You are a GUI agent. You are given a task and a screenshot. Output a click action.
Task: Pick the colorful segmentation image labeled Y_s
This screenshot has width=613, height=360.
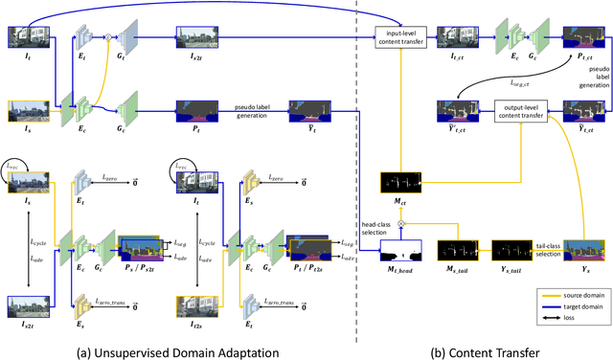pos(583,251)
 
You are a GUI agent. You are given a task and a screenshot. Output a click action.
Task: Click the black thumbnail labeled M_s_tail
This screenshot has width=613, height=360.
pos(458,251)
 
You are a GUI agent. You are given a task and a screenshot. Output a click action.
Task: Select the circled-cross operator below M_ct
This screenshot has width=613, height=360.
pos(403,222)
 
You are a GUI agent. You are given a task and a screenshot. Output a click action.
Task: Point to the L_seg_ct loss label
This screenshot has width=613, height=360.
pos(518,85)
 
